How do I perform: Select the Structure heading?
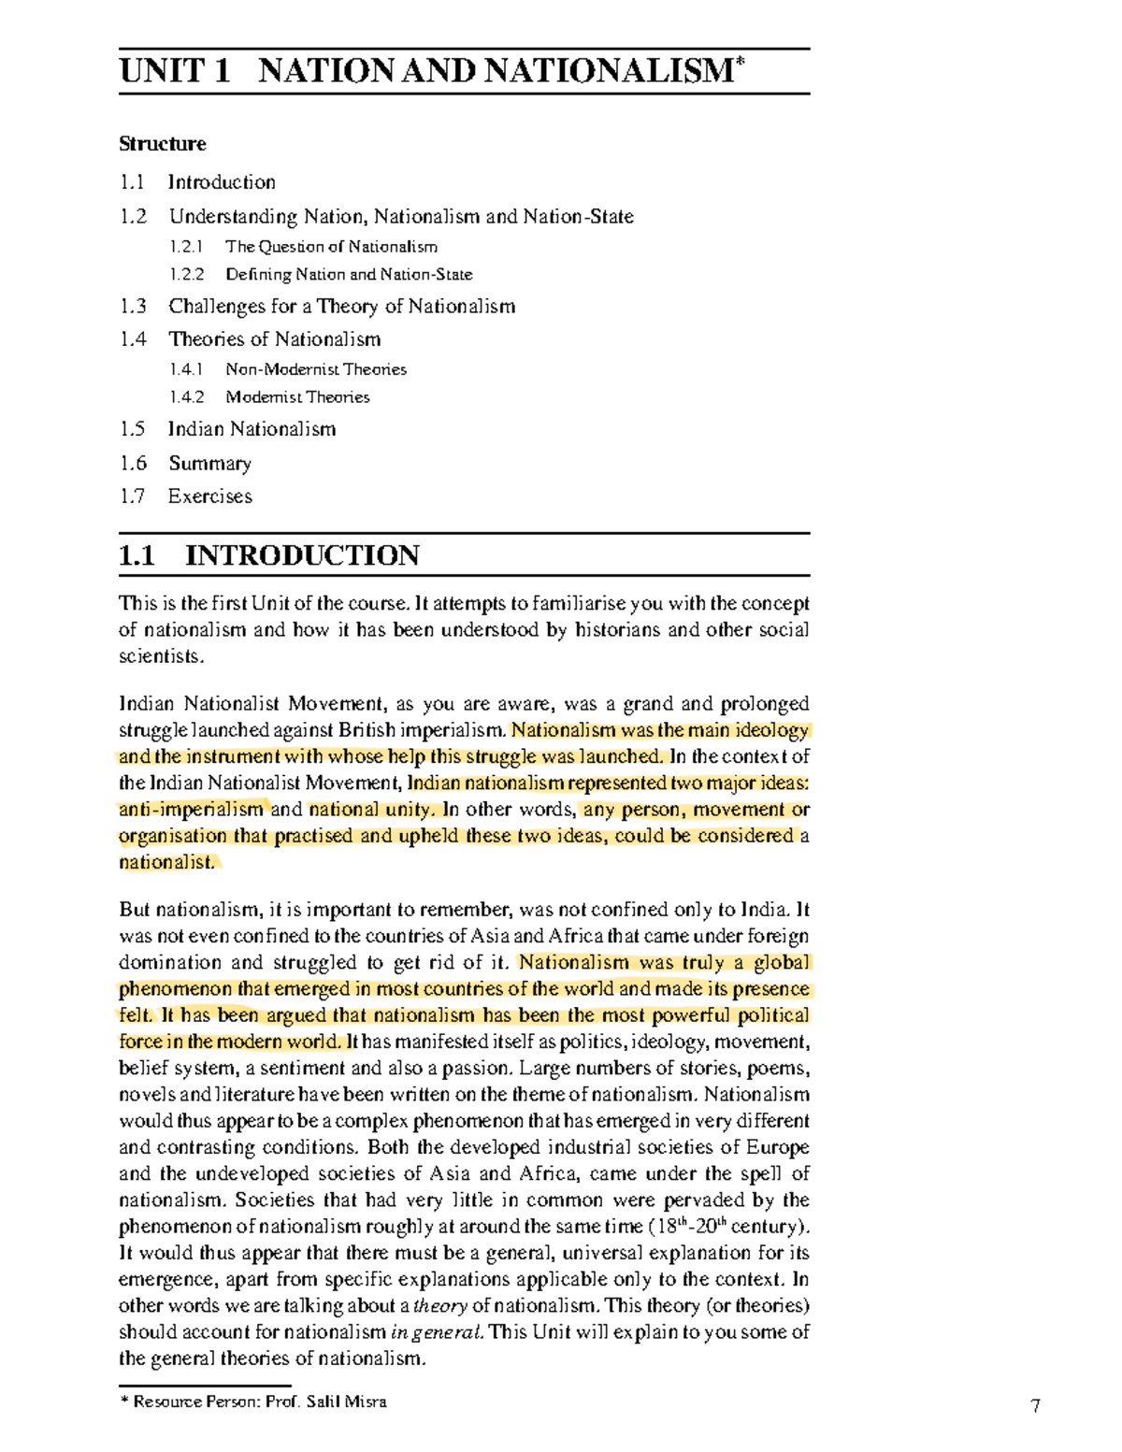click(x=162, y=144)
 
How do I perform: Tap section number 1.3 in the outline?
click(x=133, y=307)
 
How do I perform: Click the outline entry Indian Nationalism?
click(x=252, y=429)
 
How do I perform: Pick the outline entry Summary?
click(x=209, y=464)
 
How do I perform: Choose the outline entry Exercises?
click(x=209, y=496)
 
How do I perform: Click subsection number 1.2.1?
click(x=186, y=247)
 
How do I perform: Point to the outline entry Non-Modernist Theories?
click(x=315, y=369)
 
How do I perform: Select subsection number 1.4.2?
click(x=186, y=397)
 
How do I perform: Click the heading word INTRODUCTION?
click(x=302, y=555)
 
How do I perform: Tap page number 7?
click(x=1034, y=1405)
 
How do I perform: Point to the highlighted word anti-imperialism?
click(x=191, y=810)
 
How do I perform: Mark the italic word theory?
click(x=439, y=1306)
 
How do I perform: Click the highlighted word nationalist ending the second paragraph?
click(x=165, y=862)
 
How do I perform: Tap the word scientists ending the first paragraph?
click(x=160, y=656)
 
